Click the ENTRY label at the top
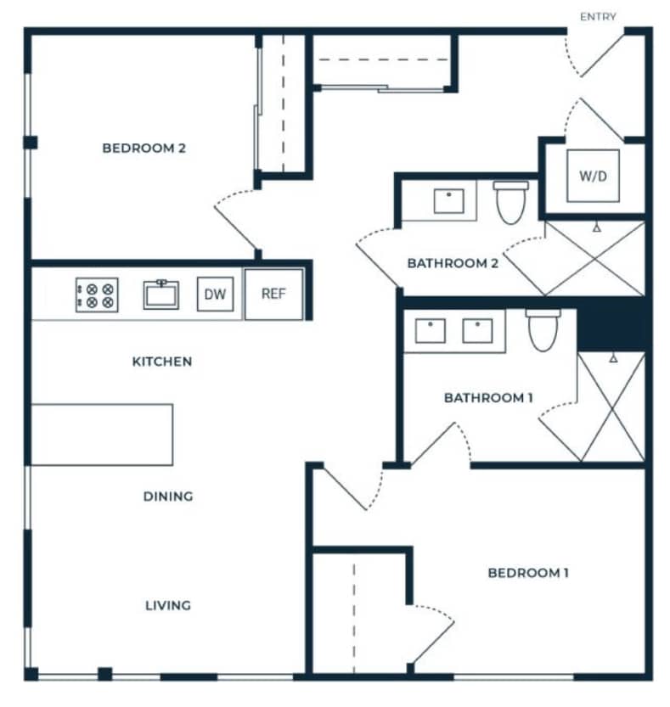(598, 16)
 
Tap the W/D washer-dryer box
(593, 177)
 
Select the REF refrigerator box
(273, 294)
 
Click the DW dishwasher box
(216, 295)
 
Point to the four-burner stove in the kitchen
(97, 295)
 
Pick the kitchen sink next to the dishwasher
(160, 295)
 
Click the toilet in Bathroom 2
(510, 202)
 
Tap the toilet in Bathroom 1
(542, 329)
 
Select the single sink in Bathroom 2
(448, 201)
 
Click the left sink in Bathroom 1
(431, 330)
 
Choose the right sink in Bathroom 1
(478, 330)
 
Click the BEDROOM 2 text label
(144, 149)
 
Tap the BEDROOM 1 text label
(528, 573)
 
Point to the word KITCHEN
(161, 362)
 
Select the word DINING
(167, 497)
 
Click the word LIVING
(167, 605)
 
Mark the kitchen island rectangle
(102, 435)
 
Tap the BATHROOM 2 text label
(452, 263)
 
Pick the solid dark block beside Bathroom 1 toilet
(611, 324)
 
